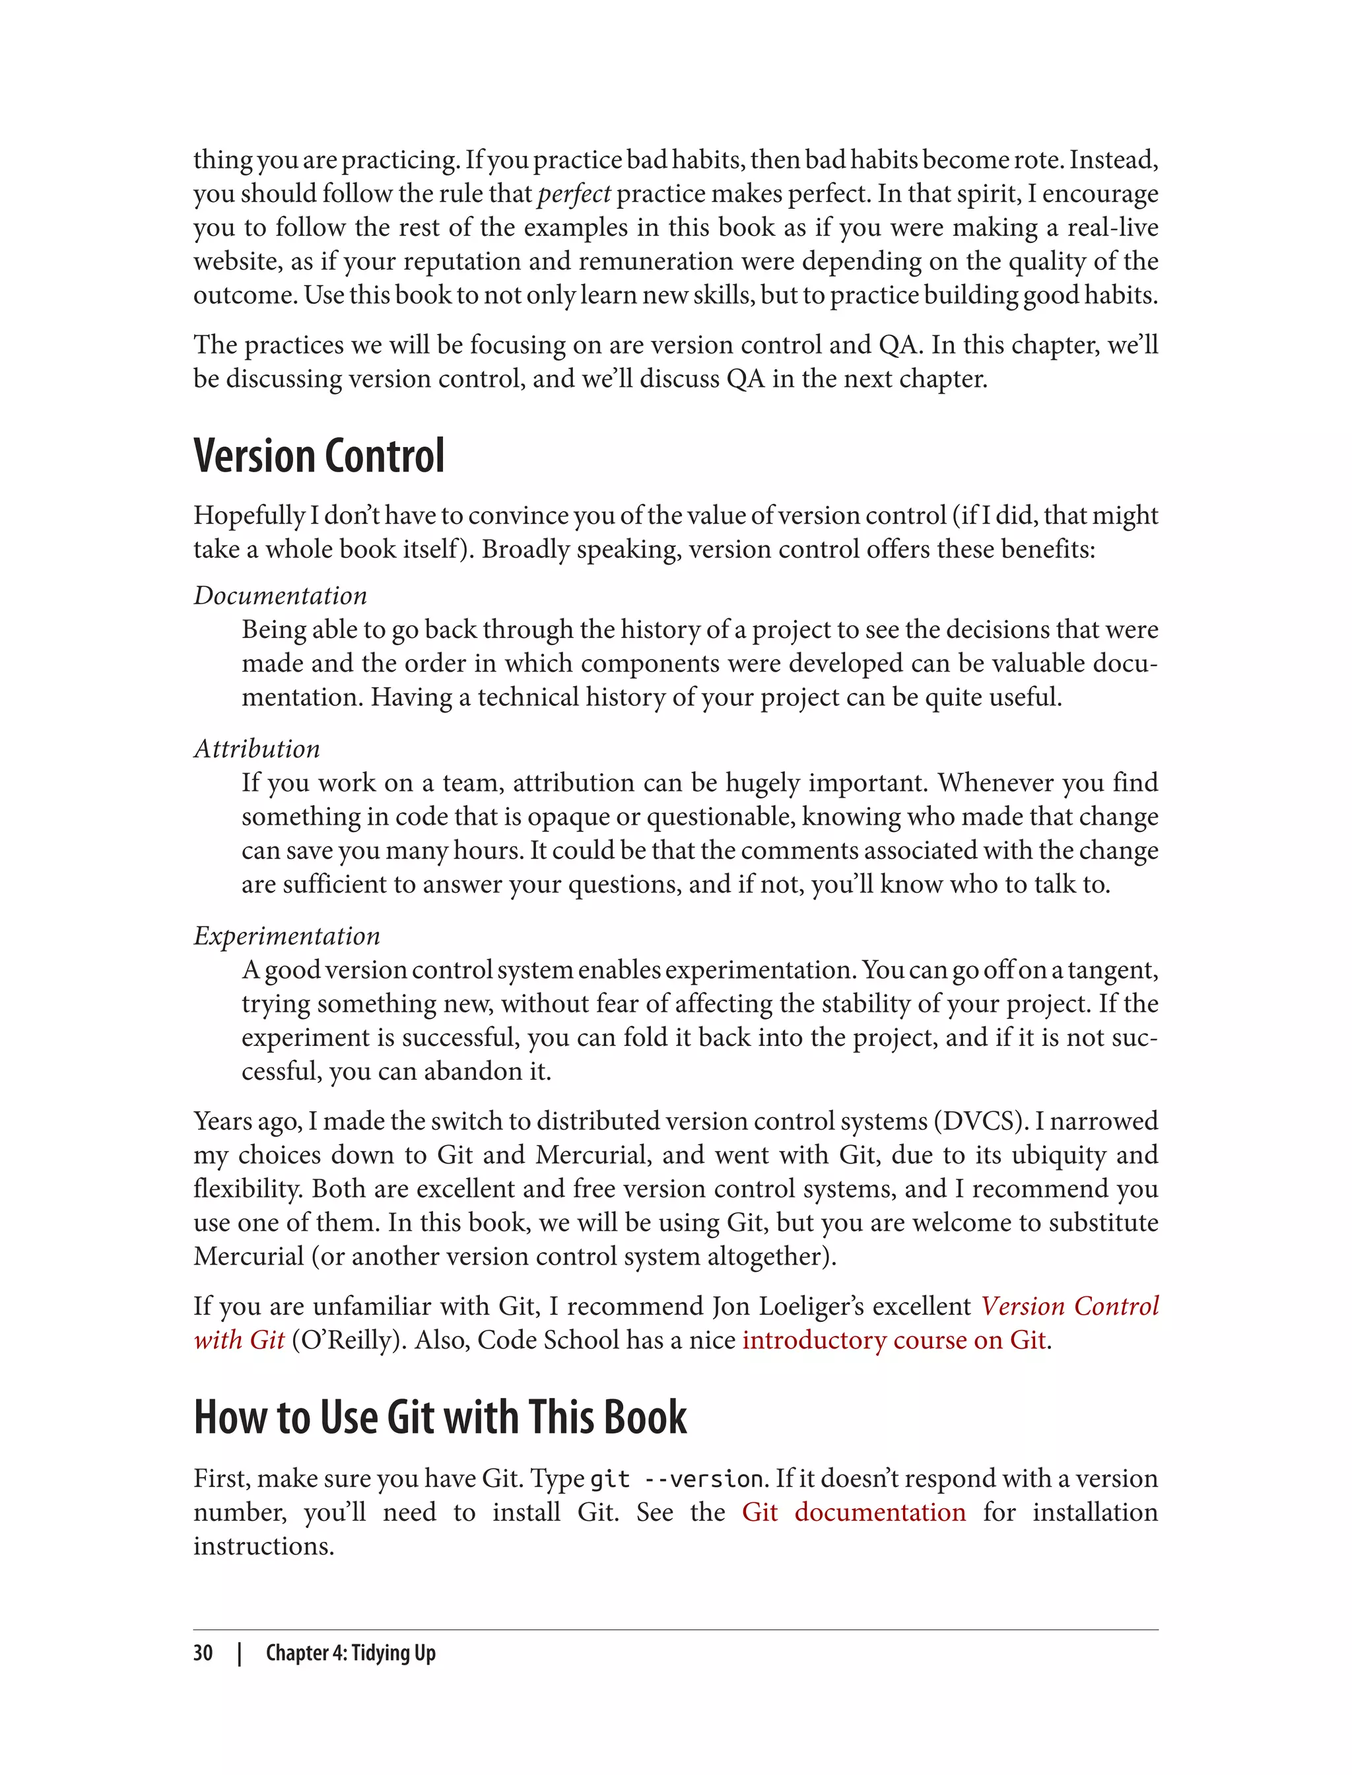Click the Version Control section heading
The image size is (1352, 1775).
pos(319,456)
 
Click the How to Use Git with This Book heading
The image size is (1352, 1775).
pos(440,1418)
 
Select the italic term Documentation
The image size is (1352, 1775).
pos(280,596)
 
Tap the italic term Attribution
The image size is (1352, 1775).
pos(257,749)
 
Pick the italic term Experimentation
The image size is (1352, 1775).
pos(287,936)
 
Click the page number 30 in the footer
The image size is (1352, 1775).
pos(203,1653)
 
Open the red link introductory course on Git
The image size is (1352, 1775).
pos(893,1340)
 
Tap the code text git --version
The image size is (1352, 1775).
pos(676,1479)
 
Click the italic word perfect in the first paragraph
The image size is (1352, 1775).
pos(574,194)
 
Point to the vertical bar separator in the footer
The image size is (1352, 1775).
pos(239,1653)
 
